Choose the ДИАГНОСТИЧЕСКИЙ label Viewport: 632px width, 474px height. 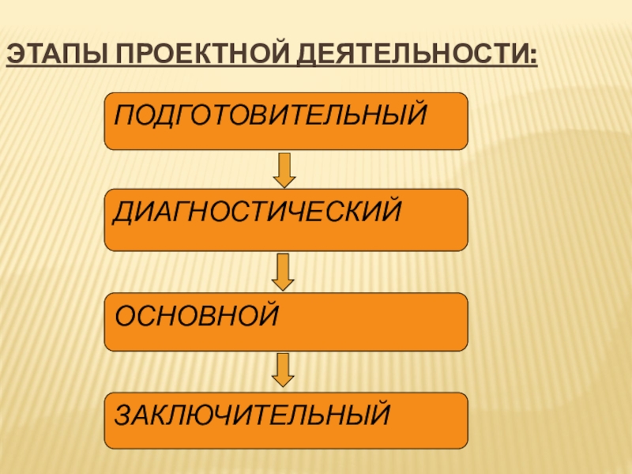258,212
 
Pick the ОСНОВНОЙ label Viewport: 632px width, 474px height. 197,315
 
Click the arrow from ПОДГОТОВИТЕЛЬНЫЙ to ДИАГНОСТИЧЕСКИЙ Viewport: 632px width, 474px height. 285,169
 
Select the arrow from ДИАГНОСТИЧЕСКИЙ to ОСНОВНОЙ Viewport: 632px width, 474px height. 285,271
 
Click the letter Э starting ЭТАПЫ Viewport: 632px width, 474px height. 15,58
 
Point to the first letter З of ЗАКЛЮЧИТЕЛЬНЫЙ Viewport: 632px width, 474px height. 122,413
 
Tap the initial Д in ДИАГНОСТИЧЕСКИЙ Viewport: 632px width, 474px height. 124,212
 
